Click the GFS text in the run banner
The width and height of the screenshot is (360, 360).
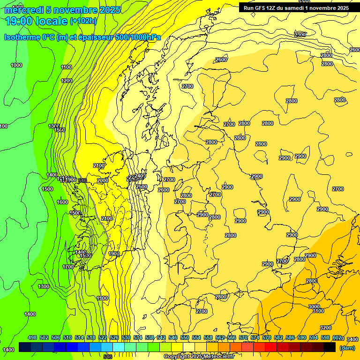(265, 8)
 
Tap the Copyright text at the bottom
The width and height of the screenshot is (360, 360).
(176, 356)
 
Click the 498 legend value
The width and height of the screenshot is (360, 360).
(32, 338)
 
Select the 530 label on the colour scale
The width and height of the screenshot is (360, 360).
(126, 338)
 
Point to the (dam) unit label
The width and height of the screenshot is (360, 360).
(347, 347)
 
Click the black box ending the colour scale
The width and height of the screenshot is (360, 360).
(330, 347)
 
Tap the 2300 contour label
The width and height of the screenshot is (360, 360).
(300, 35)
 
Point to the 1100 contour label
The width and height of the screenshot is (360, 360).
(67, 67)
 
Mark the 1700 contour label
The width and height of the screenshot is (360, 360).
(68, 267)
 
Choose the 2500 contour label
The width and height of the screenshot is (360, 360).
(142, 187)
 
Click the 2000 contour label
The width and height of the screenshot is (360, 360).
(103, 180)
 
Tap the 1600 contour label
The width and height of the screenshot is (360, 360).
(62, 202)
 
